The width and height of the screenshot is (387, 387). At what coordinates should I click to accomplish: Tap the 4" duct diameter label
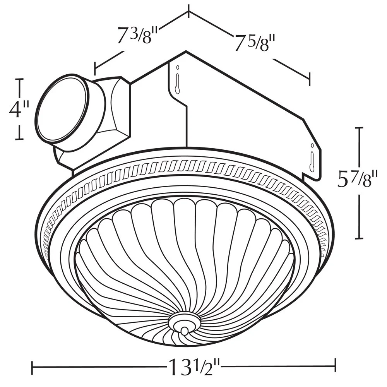pyautogui.click(x=19, y=109)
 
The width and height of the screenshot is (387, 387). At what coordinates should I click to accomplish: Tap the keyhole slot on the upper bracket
pyautogui.click(x=177, y=79)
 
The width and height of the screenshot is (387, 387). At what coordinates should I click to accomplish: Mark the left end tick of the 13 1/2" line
pyautogui.click(x=32, y=365)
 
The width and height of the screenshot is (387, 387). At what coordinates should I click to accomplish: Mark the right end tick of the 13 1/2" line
pyautogui.click(x=336, y=365)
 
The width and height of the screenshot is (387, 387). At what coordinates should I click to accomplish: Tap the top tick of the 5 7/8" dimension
pyautogui.click(x=360, y=127)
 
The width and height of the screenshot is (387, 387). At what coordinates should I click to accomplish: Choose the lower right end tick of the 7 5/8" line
pyautogui.click(x=309, y=78)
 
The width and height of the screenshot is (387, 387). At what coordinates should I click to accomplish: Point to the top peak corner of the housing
pyautogui.click(x=186, y=51)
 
